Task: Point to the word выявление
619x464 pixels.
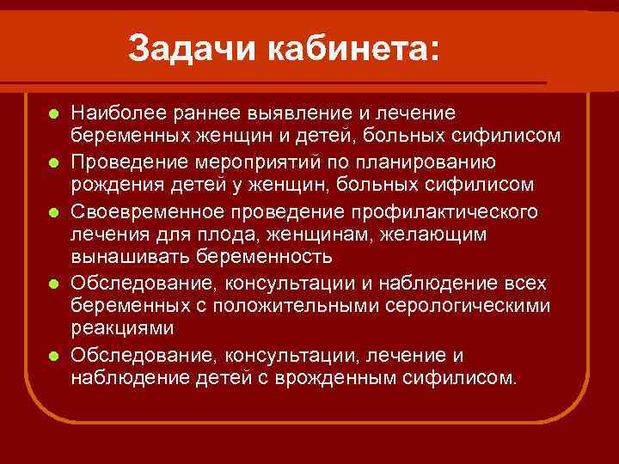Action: coord(288,113)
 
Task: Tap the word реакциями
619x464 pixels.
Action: coord(122,328)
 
